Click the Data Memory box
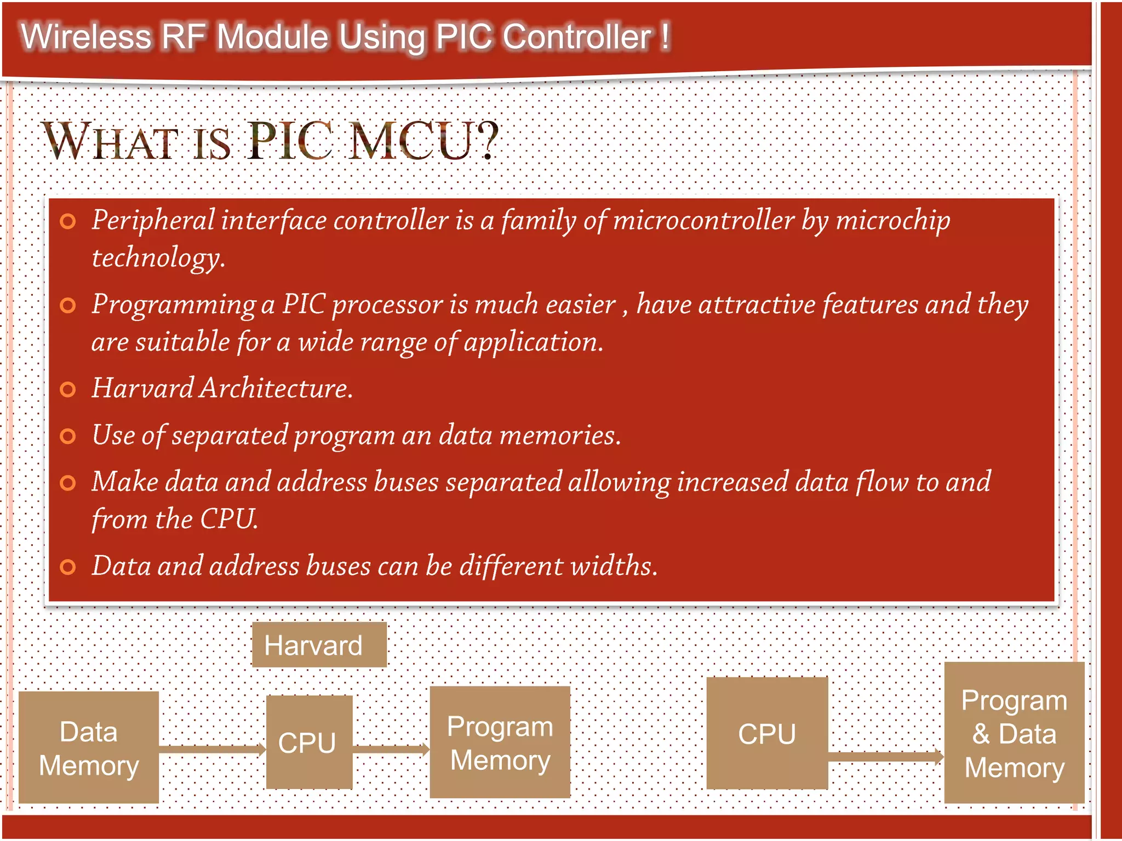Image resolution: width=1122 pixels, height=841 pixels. click(x=89, y=747)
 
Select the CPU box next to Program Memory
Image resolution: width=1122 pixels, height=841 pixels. click(x=309, y=742)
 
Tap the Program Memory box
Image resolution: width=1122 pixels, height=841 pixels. click(x=500, y=742)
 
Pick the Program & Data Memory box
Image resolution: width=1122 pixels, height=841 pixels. click(x=1014, y=733)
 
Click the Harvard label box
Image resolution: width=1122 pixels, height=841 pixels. click(x=319, y=645)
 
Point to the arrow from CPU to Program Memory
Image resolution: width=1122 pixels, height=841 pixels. click(x=391, y=749)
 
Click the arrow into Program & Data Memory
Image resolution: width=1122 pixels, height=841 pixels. click(x=885, y=757)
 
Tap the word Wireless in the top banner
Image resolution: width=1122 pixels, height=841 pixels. click(x=86, y=37)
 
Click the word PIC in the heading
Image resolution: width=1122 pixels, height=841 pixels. click(x=290, y=141)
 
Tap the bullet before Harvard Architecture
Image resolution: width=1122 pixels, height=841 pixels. click(x=67, y=389)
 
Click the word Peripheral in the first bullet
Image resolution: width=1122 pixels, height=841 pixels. click(x=153, y=221)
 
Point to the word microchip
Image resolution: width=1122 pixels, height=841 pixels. click(x=893, y=221)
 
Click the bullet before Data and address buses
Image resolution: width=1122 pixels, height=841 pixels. click(x=67, y=567)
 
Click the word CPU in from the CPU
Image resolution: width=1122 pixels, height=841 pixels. click(x=228, y=519)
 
